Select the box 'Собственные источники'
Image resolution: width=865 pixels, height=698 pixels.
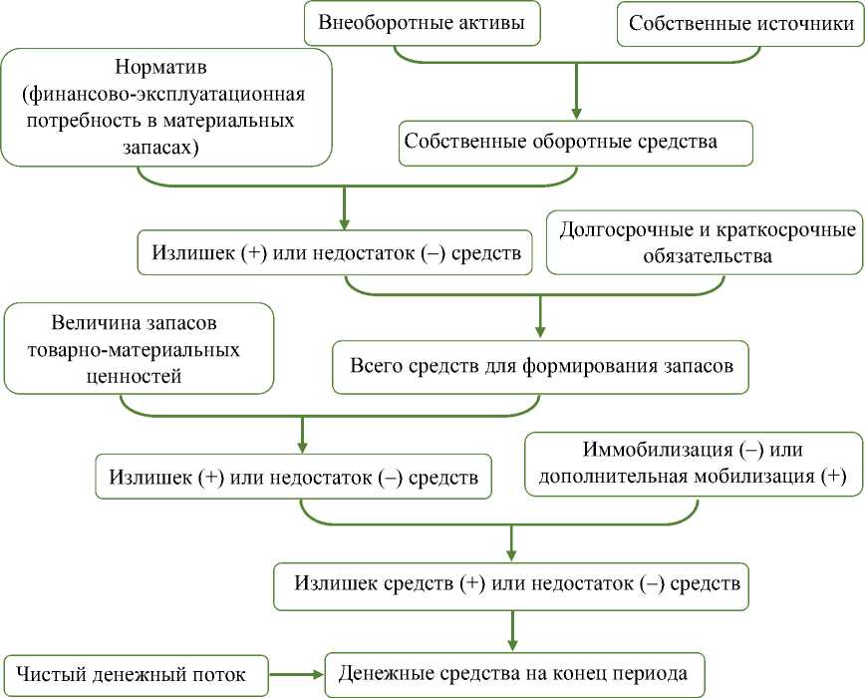pyautogui.click(x=739, y=22)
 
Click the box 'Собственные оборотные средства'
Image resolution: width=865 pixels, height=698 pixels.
pyautogui.click(x=575, y=141)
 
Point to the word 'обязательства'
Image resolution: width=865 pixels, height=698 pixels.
pyautogui.click(x=708, y=256)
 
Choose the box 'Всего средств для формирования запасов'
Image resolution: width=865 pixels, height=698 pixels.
pyautogui.click(x=541, y=365)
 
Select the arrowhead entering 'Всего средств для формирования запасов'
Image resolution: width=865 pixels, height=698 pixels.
pyautogui.click(x=541, y=332)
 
